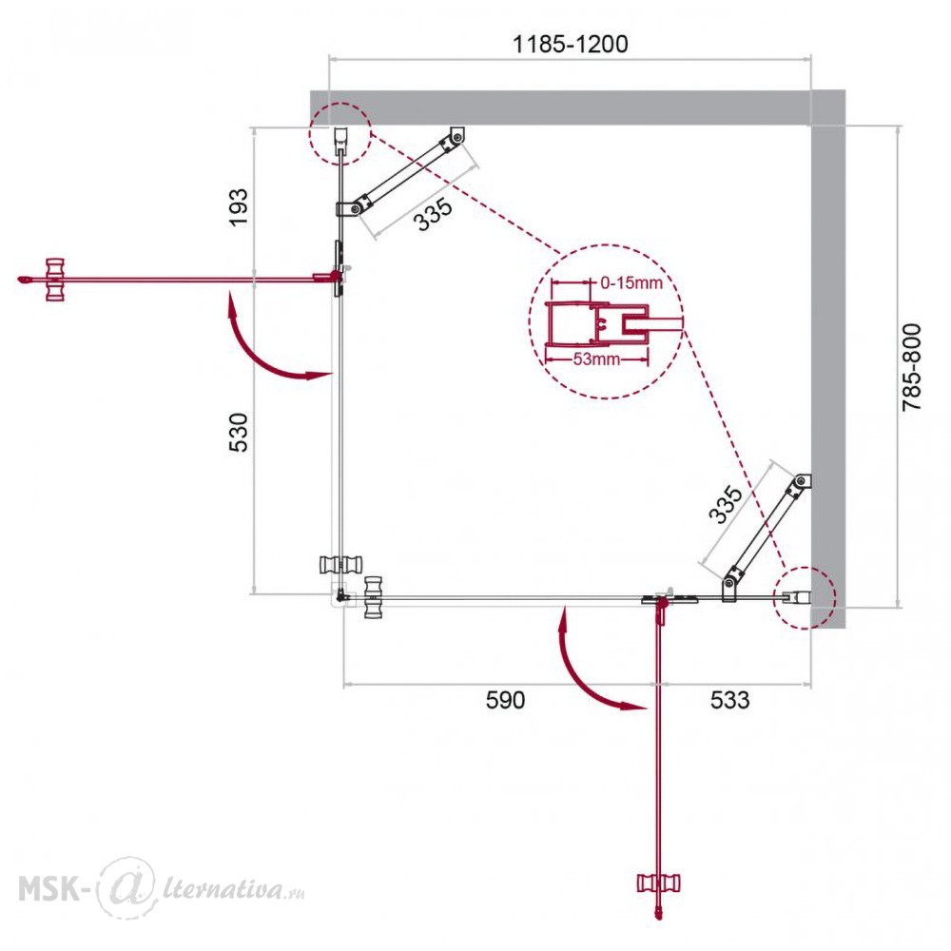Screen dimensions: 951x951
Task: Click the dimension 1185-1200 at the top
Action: [570, 45]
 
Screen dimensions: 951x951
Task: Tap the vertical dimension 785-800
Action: [912, 367]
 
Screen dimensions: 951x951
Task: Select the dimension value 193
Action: [239, 207]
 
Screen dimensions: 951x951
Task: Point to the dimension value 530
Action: [239, 432]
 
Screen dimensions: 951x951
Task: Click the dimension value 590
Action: [505, 700]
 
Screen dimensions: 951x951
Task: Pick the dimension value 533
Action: [729, 700]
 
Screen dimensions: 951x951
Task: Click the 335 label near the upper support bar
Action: [433, 214]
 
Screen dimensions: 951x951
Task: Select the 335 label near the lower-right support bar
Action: [726, 505]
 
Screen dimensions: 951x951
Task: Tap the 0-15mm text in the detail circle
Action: [631, 282]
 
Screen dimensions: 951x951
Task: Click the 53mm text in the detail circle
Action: [597, 359]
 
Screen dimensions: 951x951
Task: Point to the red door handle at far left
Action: [54, 280]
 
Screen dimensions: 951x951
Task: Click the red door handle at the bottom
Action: [659, 883]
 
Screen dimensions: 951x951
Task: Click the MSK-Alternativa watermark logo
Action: [161, 888]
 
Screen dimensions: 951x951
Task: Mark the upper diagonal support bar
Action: [406, 171]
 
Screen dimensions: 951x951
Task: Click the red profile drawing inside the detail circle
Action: [597, 324]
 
